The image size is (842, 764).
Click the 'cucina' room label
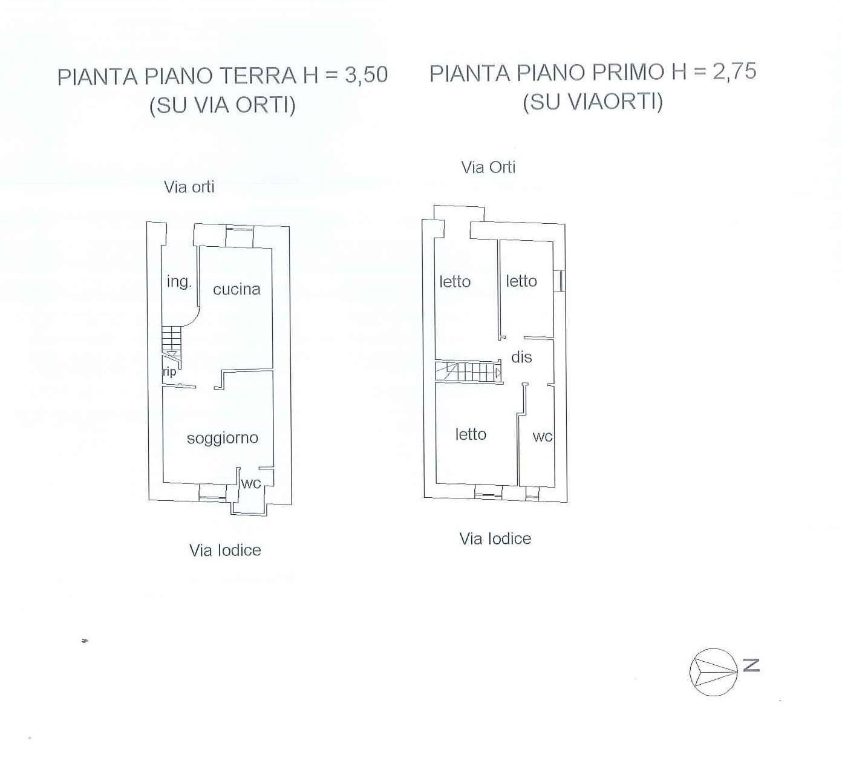(x=237, y=289)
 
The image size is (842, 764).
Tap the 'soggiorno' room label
(x=222, y=438)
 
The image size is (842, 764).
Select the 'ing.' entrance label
(x=178, y=281)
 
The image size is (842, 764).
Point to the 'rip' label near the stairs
(x=169, y=371)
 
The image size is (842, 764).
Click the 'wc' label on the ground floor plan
(x=250, y=483)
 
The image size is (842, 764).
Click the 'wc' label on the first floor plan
(x=543, y=437)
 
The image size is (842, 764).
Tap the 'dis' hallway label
(x=521, y=357)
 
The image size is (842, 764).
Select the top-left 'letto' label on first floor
(x=455, y=281)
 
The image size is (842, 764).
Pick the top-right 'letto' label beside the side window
(x=521, y=281)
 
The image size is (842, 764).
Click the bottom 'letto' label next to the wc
(x=471, y=434)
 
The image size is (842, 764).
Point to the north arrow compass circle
(x=713, y=671)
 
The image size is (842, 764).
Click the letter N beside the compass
(x=751, y=665)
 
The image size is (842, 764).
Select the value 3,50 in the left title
(x=366, y=75)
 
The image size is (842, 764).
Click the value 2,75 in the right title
(x=734, y=71)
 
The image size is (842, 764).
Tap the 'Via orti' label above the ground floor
(x=189, y=187)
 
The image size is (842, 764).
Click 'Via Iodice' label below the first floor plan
(x=495, y=538)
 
